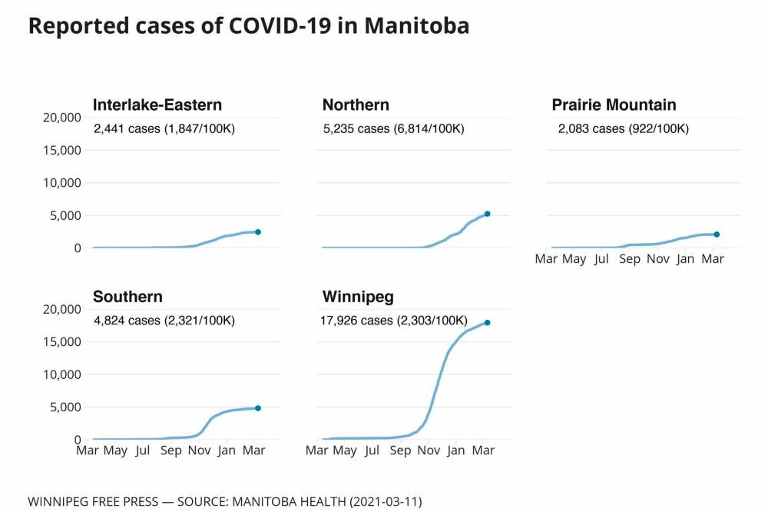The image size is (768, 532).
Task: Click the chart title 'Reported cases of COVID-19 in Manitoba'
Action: pyautogui.click(x=248, y=26)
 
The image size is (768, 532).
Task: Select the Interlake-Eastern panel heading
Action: pyautogui.click(x=157, y=105)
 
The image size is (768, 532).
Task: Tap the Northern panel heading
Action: pyautogui.click(x=356, y=105)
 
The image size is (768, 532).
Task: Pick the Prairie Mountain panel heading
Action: pyautogui.click(x=614, y=105)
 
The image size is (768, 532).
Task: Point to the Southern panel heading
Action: pyautogui.click(x=127, y=297)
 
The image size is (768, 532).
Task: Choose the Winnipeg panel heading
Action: pyautogui.click(x=358, y=297)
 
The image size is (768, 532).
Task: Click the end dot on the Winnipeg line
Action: pyautogui.click(x=487, y=322)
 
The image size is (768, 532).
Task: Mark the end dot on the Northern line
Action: pyautogui.click(x=487, y=214)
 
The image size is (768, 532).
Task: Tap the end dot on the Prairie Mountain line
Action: pyautogui.click(x=717, y=234)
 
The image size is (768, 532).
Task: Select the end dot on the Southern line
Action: pyautogui.click(x=258, y=408)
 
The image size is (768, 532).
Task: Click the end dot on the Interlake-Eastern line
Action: pyautogui.click(x=258, y=231)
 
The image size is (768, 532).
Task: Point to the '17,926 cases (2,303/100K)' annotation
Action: pyautogui.click(x=393, y=320)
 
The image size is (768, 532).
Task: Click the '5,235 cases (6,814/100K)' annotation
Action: pyautogui.click(x=394, y=128)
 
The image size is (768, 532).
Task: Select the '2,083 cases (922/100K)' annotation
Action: pyautogui.click(x=624, y=128)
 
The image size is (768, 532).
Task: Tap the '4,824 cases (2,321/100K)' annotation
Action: pyautogui.click(x=164, y=320)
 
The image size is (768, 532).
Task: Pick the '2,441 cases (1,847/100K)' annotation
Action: pyautogui.click(x=164, y=128)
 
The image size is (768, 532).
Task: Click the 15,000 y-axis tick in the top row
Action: pyautogui.click(x=60, y=150)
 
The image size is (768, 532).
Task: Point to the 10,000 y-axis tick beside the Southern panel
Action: pyautogui.click(x=60, y=374)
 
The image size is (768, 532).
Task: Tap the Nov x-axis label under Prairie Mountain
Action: pyautogui.click(x=657, y=259)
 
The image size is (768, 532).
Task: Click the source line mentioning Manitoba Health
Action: pyautogui.click(x=225, y=502)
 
